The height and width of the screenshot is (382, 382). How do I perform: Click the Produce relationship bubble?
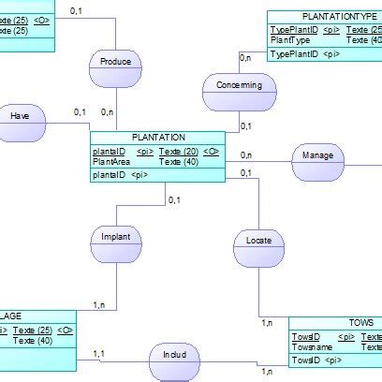click(115, 63)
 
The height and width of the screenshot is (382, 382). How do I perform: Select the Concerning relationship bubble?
click(240, 87)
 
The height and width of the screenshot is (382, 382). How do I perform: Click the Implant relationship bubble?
click(116, 238)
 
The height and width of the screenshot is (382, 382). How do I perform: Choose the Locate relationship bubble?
click(258, 242)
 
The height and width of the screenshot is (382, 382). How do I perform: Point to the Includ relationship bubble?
click(174, 357)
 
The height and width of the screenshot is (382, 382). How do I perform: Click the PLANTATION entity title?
click(158, 138)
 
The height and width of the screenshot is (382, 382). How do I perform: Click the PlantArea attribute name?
click(110, 162)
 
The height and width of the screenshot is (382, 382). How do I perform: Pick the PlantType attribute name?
click(290, 41)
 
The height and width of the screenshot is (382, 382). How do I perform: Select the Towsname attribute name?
click(312, 346)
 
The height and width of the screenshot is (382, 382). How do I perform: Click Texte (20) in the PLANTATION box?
click(177, 151)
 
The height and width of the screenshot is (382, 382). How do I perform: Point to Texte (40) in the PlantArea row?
click(177, 162)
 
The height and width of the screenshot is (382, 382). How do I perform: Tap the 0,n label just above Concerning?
click(245, 58)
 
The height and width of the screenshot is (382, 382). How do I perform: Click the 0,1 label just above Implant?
click(174, 199)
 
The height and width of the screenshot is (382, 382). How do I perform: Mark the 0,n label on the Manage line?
click(245, 155)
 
